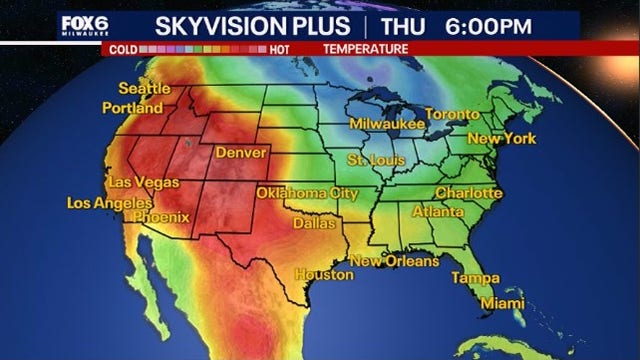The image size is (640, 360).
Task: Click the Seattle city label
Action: [144, 88]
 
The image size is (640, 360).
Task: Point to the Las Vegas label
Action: [143, 183]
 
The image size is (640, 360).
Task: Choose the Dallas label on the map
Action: [314, 224]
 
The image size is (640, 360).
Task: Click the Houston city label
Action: [323, 273]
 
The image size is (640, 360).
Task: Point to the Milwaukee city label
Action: [386, 124]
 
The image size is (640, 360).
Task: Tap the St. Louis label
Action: [375, 160]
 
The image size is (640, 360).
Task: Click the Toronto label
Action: [453, 114]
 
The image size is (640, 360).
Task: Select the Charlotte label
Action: [468, 191]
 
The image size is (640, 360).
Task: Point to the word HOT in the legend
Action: [282, 48]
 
